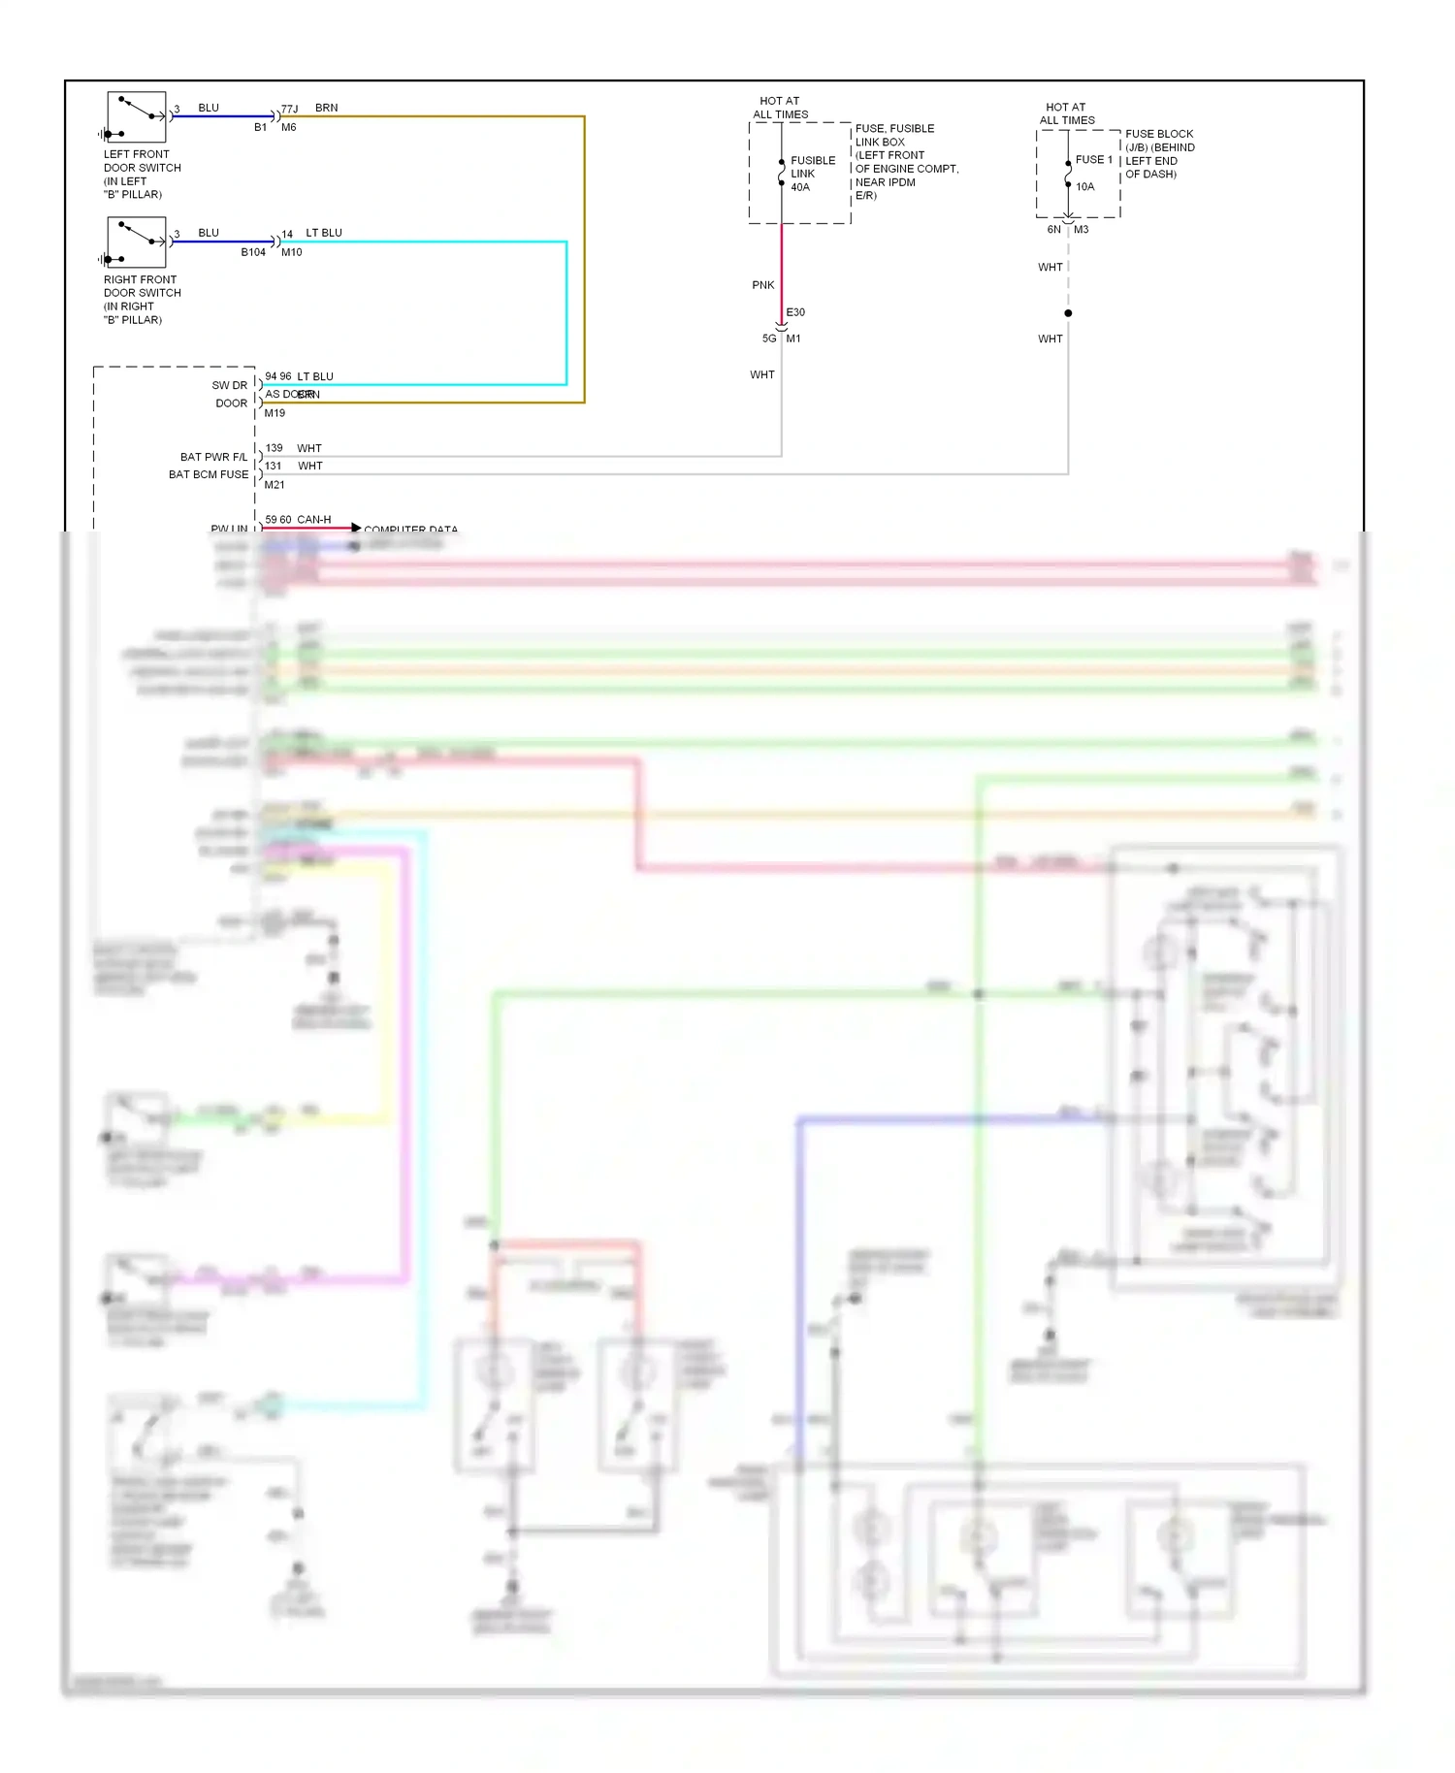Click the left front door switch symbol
pyautogui.click(x=136, y=117)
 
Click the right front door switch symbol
pyautogui.click(x=136, y=242)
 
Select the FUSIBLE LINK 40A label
pyautogui.click(x=812, y=174)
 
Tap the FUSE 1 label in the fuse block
pyautogui.click(x=1093, y=159)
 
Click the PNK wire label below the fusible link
pyautogui.click(x=762, y=285)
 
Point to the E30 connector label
pyautogui.click(x=795, y=312)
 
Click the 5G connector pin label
pyautogui.click(x=769, y=338)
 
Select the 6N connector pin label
pyautogui.click(x=1053, y=230)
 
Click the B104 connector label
pyautogui.click(x=253, y=252)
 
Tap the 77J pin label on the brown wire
pyautogui.click(x=289, y=109)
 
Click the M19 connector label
pyautogui.click(x=275, y=413)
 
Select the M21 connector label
pyautogui.click(x=275, y=485)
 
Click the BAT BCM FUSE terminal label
pyautogui.click(x=209, y=474)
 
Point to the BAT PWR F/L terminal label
pyautogui.click(x=213, y=457)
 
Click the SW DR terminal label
pyautogui.click(x=230, y=385)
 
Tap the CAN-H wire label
pyautogui.click(x=314, y=520)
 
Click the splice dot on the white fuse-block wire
pyautogui.click(x=1068, y=313)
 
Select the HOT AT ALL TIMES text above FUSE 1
pyautogui.click(x=1067, y=113)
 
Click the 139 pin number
pyautogui.click(x=274, y=448)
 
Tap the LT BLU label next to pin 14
pyautogui.click(x=324, y=233)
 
